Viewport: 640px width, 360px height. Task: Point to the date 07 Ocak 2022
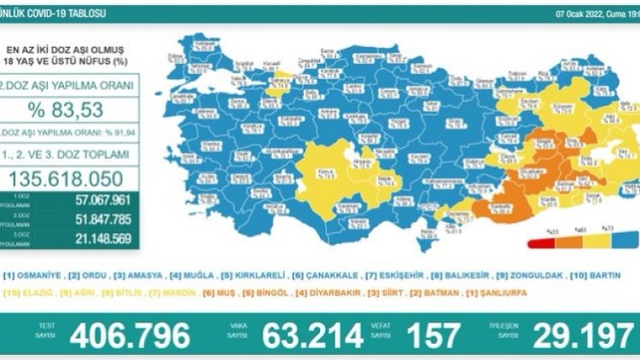580,15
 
